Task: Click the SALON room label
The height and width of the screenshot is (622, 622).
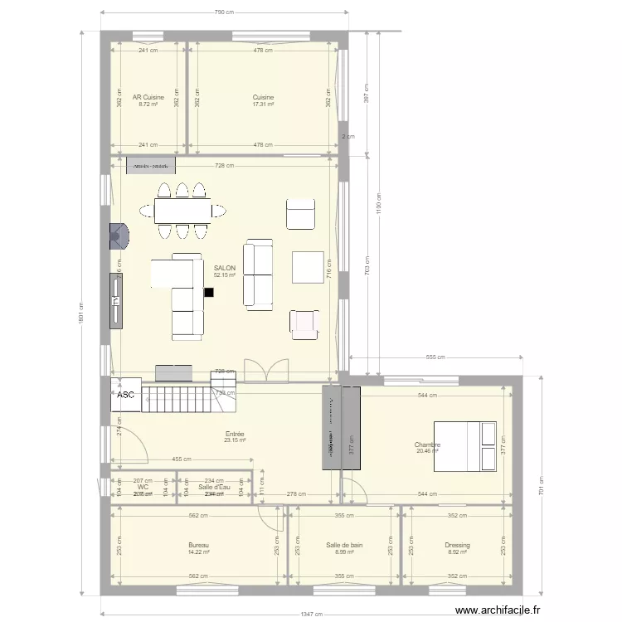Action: coord(224,269)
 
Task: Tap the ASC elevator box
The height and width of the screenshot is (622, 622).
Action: coord(126,396)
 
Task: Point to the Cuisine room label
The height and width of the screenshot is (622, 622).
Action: coord(263,97)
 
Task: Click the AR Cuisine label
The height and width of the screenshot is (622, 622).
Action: coord(148,97)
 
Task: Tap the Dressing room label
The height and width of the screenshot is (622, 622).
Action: coord(458,545)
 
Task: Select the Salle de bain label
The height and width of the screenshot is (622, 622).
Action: coord(338,545)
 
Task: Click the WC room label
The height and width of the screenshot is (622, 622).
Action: coord(143,488)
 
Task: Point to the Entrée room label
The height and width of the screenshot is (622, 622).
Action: coord(235,434)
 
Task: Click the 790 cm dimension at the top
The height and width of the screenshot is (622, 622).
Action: coord(223,12)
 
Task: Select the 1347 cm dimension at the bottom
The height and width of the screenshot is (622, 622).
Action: coord(312,615)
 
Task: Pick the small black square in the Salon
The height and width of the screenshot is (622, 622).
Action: coord(208,292)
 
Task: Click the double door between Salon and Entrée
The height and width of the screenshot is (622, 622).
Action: coord(266,372)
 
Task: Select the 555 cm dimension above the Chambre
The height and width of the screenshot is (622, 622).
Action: coord(436,357)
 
